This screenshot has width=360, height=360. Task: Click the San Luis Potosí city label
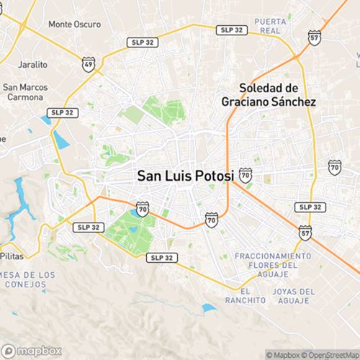point(185,175)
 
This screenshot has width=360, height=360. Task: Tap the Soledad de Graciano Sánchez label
point(268,95)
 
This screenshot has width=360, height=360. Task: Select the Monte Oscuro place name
point(74,24)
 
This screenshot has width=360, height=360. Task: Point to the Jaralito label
point(34,63)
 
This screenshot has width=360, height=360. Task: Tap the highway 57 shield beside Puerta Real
point(314,37)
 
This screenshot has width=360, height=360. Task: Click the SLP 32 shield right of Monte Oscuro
point(140,42)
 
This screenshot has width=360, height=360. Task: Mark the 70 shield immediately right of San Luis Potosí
point(246,174)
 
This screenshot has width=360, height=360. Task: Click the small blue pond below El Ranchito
point(209,308)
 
